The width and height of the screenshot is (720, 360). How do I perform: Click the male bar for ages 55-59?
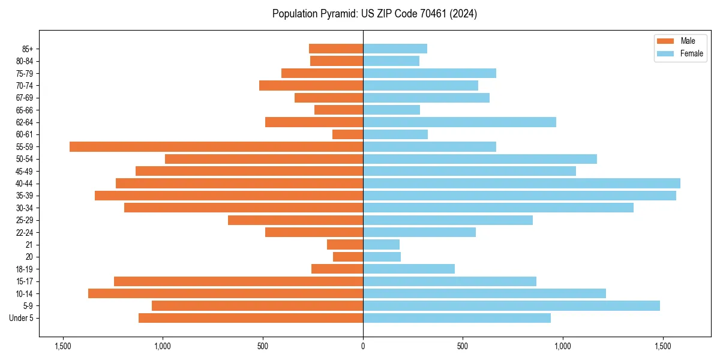(216, 146)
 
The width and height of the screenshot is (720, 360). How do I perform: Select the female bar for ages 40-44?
(521, 183)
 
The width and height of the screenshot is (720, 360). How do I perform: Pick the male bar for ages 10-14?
(226, 293)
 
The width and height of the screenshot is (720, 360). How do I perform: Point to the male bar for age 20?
(348, 257)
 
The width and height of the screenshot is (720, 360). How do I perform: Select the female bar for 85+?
(395, 49)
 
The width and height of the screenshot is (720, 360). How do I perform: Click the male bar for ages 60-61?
(347, 134)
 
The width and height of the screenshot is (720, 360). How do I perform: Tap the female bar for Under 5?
(457, 318)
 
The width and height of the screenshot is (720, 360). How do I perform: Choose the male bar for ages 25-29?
(295, 220)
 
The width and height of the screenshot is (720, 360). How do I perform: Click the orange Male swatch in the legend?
(666, 41)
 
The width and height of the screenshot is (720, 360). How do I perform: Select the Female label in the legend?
(691, 53)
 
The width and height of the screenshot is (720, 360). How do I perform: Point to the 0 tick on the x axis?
(363, 346)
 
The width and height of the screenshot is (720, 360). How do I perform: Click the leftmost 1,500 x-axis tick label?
(63, 346)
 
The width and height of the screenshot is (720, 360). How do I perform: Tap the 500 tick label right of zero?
(463, 346)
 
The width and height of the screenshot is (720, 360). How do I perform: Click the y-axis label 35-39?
(25, 196)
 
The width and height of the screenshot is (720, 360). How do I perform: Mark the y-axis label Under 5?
(22, 318)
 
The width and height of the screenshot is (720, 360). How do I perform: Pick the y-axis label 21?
(29, 245)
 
